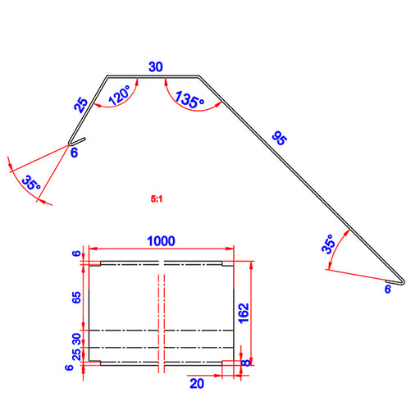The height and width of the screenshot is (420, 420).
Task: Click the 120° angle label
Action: (x=120, y=95)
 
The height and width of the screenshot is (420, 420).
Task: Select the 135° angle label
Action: (x=189, y=100)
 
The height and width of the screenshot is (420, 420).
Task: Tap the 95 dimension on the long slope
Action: (x=280, y=138)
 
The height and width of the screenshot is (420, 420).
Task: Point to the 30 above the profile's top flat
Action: (x=156, y=66)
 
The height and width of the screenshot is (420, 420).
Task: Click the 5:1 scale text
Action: (x=157, y=199)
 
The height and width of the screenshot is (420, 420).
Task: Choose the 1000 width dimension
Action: (x=161, y=241)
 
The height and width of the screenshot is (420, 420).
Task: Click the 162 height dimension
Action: (x=244, y=313)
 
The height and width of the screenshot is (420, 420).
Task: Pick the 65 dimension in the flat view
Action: (x=76, y=298)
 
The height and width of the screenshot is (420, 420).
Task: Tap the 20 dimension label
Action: (x=197, y=384)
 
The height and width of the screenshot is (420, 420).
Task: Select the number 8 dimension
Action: (x=246, y=363)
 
